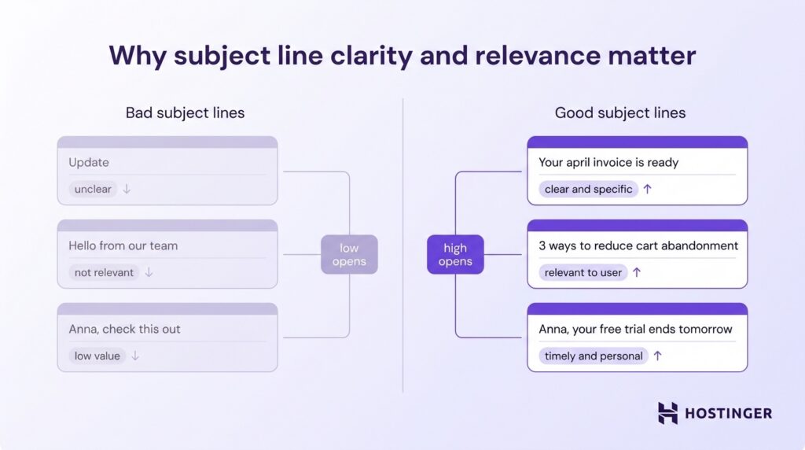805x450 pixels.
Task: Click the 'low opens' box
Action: point(349,254)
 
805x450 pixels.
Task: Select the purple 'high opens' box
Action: point(455,254)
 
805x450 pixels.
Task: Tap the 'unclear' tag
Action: point(93,189)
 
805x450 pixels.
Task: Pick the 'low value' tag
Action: point(97,356)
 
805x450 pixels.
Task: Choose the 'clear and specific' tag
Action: point(588,189)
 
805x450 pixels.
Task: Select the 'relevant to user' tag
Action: point(583,272)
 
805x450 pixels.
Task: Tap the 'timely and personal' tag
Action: point(594,356)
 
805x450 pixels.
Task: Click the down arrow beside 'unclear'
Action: point(127,189)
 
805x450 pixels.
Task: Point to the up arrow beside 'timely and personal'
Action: point(657,356)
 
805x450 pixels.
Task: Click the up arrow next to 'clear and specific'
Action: point(647,189)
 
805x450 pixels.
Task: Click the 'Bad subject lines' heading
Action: point(185,112)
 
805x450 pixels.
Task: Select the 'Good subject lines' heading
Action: point(619,112)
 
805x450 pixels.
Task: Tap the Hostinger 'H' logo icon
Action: point(667,413)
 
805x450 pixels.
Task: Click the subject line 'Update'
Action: point(89,162)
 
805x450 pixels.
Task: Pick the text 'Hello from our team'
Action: point(123,245)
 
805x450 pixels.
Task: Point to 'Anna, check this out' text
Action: point(124,329)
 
